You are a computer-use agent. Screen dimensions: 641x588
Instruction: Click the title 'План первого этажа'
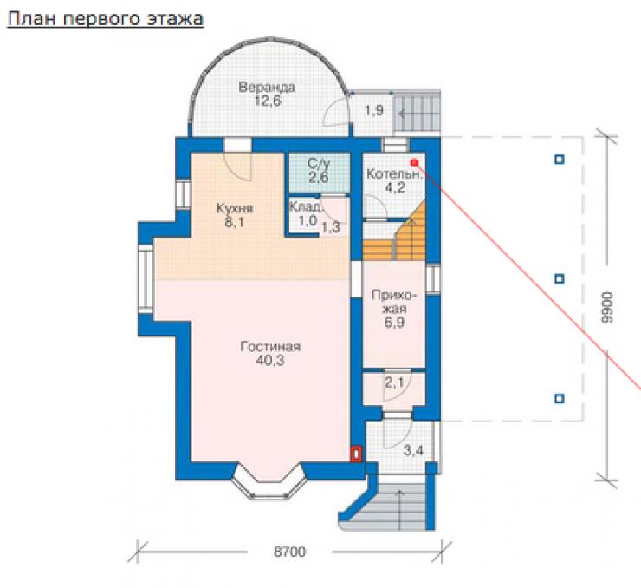105,19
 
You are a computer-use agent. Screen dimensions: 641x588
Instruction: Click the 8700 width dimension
289,552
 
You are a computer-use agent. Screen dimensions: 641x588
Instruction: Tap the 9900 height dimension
607,308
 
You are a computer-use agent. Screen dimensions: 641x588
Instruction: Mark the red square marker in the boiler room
414,163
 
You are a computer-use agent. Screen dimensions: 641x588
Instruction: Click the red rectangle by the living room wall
357,454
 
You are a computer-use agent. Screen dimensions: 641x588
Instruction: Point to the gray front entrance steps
391,502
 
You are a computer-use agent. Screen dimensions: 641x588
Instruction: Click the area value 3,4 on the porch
413,451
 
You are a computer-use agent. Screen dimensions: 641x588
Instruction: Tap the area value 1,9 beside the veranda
374,110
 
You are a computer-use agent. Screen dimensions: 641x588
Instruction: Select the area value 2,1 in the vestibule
394,382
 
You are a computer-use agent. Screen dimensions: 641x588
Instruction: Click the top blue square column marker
560,160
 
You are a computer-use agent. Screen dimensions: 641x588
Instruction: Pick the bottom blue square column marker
560,398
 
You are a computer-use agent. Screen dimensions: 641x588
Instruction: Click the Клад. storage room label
306,206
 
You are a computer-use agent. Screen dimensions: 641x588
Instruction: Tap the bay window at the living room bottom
269,481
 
